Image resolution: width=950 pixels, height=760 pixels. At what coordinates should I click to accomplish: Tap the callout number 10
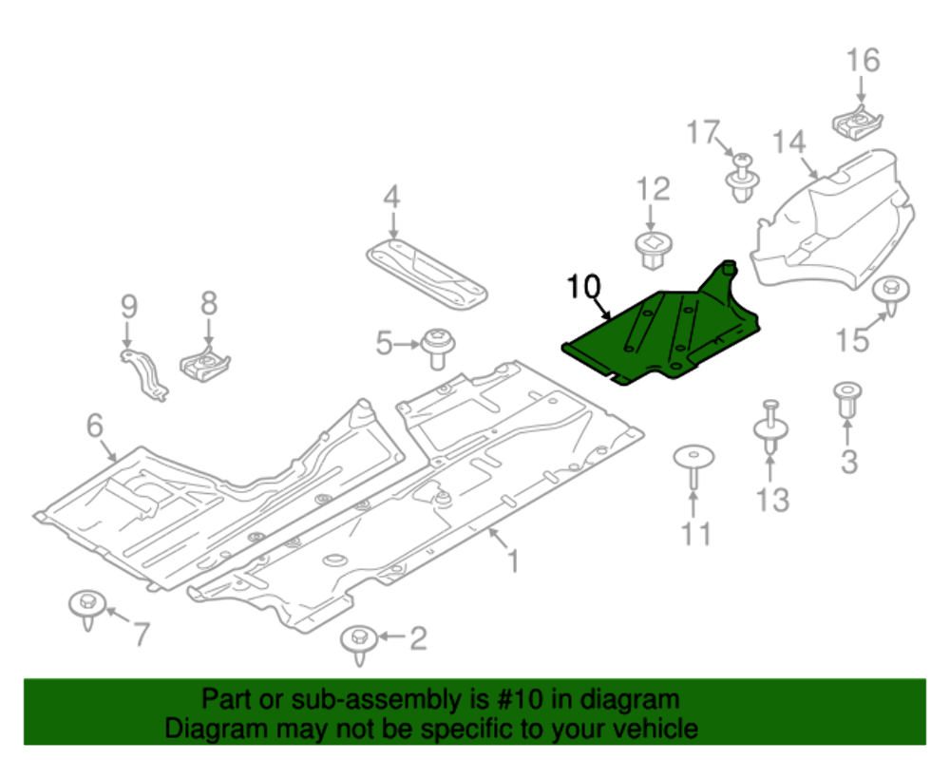[584, 286]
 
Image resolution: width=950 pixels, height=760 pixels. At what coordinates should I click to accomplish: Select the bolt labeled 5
[437, 346]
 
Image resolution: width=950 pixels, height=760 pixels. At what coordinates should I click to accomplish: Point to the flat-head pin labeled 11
[693, 465]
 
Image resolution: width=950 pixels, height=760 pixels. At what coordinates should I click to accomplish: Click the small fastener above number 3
[845, 399]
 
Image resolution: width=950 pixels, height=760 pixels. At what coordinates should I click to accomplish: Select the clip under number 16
[861, 123]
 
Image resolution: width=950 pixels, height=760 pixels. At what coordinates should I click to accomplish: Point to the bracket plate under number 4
[427, 274]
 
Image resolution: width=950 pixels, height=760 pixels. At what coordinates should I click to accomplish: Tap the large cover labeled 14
[836, 218]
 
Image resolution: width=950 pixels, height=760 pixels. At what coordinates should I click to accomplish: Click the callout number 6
[94, 427]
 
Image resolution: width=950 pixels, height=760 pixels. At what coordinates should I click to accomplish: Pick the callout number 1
[512, 561]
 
